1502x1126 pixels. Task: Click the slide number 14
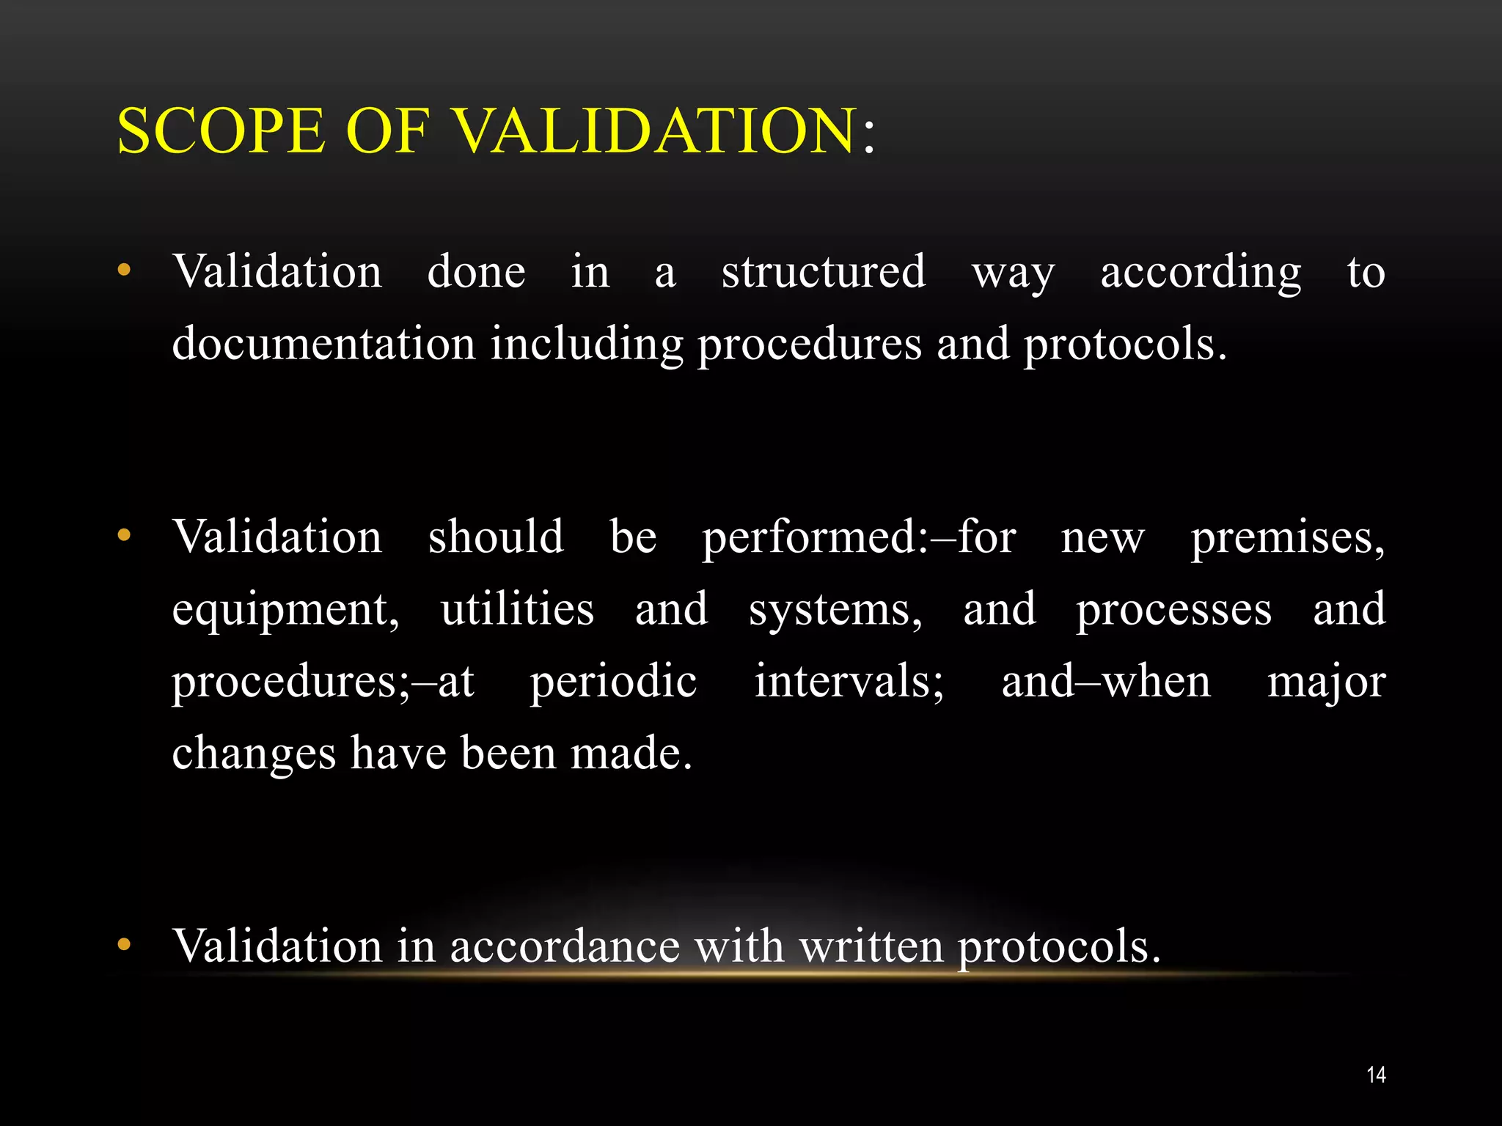click(1376, 1075)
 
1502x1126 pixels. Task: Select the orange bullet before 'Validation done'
click(124, 271)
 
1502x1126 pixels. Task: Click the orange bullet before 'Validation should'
click(124, 535)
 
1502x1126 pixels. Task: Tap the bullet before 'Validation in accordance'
click(124, 944)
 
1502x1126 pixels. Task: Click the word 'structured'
click(824, 271)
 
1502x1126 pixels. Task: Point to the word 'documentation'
click(323, 343)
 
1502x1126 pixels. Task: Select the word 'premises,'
click(1287, 537)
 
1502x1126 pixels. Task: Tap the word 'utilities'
click(517, 608)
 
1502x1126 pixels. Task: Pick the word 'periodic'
click(613, 682)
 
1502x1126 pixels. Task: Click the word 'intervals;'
click(849, 682)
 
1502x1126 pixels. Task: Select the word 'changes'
click(254, 754)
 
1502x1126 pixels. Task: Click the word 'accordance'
click(565, 946)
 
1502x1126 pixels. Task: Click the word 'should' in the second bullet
click(496, 536)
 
